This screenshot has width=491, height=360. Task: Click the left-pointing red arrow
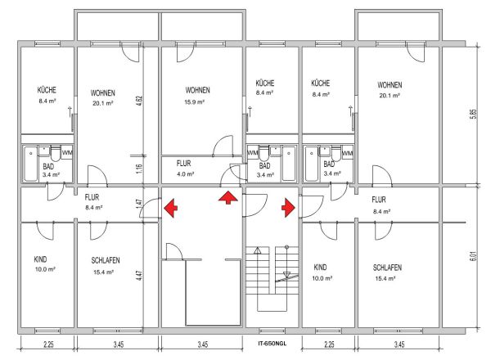[170, 208]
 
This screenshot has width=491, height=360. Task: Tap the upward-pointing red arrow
[228, 198]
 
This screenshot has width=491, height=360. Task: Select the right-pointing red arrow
[288, 208]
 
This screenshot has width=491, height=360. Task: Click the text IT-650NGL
[273, 344]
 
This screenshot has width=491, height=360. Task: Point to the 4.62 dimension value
[140, 100]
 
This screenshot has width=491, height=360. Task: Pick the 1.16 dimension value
[140, 169]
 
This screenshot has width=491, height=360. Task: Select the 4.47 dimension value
[140, 276]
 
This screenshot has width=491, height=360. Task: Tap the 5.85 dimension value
[474, 114]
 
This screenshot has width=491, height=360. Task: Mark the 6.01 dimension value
[474, 256]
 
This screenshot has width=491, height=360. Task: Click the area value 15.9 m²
[194, 102]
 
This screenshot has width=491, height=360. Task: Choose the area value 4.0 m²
[185, 174]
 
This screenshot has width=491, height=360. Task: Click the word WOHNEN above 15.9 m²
[197, 90]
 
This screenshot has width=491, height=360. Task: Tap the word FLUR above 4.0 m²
[183, 163]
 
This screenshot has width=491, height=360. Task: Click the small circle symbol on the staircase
[286, 247]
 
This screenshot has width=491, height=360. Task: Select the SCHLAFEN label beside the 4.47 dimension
[106, 260]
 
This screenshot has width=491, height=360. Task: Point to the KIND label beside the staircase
[320, 267]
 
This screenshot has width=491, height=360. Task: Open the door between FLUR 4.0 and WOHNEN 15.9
[223, 146]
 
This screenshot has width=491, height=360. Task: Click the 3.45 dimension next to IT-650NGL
[203, 344]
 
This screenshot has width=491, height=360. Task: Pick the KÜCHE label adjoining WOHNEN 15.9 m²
[265, 83]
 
